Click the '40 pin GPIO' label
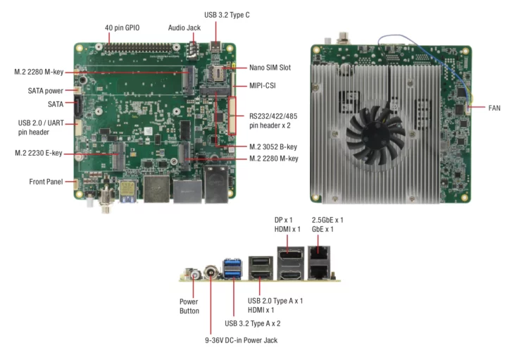(123, 27)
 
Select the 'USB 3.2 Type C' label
(227, 14)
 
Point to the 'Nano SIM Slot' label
(270, 68)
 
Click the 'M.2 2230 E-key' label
(38, 152)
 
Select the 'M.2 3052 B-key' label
(273, 147)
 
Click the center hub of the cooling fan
(375, 128)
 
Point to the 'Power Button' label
(189, 306)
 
